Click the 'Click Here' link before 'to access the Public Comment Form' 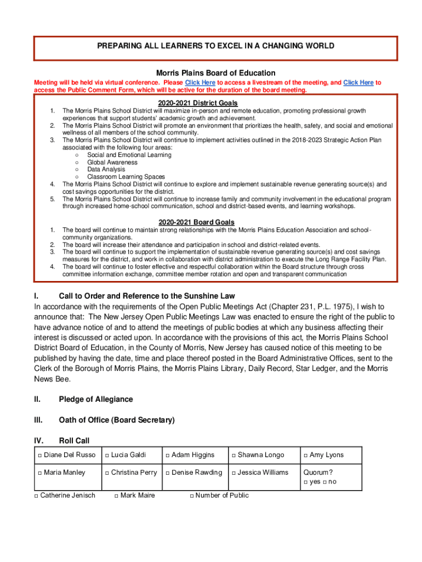pos(358,82)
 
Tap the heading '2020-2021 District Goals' pos(197,103)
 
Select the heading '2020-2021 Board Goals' pos(197,222)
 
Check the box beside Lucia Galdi pos(107,456)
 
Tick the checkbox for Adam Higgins pos(167,456)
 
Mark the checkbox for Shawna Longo pos(233,456)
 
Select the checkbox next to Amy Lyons pos(305,456)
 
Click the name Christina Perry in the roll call pos(134,473)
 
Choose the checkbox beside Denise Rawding pos(167,473)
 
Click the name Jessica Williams pos(263,473)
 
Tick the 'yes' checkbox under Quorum pos(305,482)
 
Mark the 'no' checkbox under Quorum pos(324,482)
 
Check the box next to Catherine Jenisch pos(36,496)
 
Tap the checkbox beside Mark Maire pos(116,496)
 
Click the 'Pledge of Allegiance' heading pos(95,399)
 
